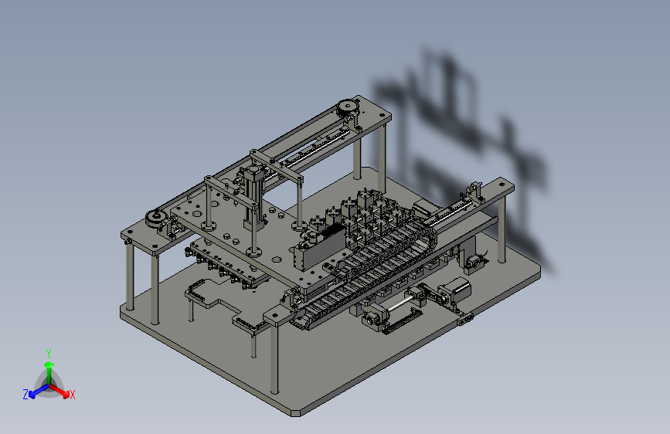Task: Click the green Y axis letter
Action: pyautogui.click(x=49, y=354)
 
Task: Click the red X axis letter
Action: pyautogui.click(x=72, y=395)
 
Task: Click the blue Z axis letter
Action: pyautogui.click(x=26, y=395)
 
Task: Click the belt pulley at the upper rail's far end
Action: pyautogui.click(x=348, y=107)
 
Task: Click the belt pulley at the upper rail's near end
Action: pyautogui.click(x=156, y=219)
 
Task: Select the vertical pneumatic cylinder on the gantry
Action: pyautogui.click(x=253, y=195)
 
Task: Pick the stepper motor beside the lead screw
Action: pyautogui.click(x=457, y=287)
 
